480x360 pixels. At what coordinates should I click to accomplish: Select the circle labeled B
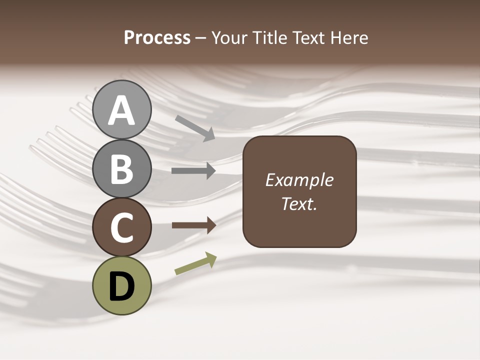click(122, 168)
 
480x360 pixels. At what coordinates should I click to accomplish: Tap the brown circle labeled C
click(122, 227)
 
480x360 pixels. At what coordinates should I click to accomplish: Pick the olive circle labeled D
click(122, 285)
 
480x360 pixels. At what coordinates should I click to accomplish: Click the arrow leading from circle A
click(195, 128)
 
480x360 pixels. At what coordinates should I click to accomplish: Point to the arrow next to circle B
click(193, 171)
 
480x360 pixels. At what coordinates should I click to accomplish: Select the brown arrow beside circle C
click(193, 225)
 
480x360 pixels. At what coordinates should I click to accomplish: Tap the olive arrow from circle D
click(195, 263)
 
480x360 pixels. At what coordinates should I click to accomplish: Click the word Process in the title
click(157, 37)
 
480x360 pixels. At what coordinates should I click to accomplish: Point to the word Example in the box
click(299, 180)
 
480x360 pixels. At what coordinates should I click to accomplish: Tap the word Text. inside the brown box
click(299, 203)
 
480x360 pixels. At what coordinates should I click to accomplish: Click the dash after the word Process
click(200, 38)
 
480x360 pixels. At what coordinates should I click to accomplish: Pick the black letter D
click(122, 287)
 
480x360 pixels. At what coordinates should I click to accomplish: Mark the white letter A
click(122, 111)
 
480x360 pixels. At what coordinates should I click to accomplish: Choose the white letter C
click(122, 227)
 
